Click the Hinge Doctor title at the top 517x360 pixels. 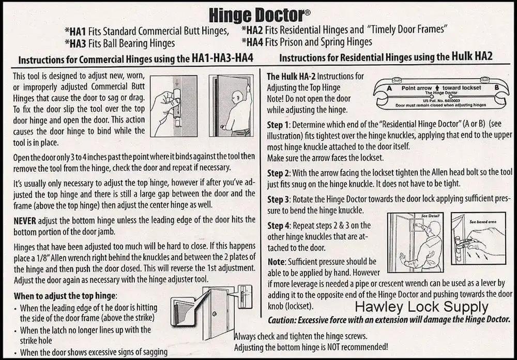click(x=260, y=15)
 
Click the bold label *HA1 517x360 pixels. click(x=75, y=32)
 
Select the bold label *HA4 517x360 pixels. click(x=252, y=42)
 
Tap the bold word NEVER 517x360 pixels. click(x=25, y=220)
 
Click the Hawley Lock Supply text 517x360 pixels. click(x=421, y=307)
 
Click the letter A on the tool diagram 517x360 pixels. click(x=389, y=88)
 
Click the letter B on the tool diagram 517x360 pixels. click(x=496, y=88)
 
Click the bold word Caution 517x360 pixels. click(x=281, y=320)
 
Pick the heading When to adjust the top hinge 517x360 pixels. click(x=65, y=296)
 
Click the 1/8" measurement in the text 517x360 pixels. click(x=41, y=258)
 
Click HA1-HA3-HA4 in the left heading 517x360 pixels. click(x=222, y=58)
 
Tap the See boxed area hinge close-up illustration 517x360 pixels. click(x=478, y=238)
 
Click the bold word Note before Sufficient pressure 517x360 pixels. click(x=276, y=262)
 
